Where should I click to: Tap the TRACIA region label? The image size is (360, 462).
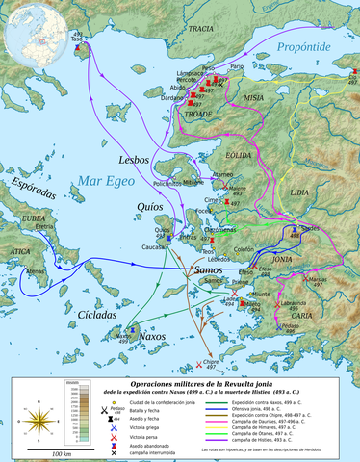(x=200, y=30)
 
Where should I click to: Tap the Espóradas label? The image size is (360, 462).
(x=36, y=182)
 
